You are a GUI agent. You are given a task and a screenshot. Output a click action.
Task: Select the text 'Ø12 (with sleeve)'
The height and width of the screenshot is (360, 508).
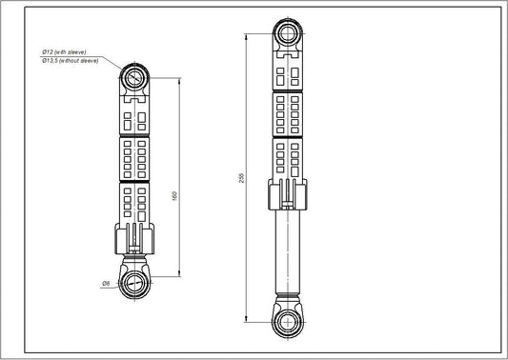70,50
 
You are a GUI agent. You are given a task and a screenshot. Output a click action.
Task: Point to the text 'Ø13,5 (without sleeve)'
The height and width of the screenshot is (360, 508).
71,59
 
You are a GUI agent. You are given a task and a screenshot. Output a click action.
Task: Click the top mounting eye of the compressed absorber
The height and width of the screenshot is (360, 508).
135,76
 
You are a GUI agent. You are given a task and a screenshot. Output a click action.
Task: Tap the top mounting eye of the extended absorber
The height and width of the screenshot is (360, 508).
287,35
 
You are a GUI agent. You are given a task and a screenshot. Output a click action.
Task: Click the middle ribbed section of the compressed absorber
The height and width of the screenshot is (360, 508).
134,158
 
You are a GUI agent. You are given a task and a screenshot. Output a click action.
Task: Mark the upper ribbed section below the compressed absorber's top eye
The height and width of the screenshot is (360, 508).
134,115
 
